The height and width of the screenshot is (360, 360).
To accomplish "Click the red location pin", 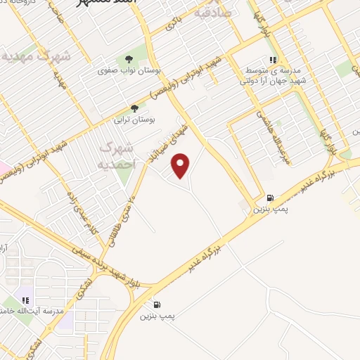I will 181,165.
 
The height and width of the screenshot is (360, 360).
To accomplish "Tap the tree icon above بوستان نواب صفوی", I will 129,60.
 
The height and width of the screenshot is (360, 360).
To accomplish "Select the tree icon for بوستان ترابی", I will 134,108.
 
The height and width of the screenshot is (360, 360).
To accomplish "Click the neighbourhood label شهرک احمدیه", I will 117,155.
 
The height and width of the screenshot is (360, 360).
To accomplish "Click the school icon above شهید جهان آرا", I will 273,60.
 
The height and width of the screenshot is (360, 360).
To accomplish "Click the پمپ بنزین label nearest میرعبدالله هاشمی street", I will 271,210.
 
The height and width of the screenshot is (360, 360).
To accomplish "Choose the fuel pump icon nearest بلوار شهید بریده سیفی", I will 156,304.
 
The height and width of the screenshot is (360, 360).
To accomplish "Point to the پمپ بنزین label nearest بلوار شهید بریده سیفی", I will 155,316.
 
